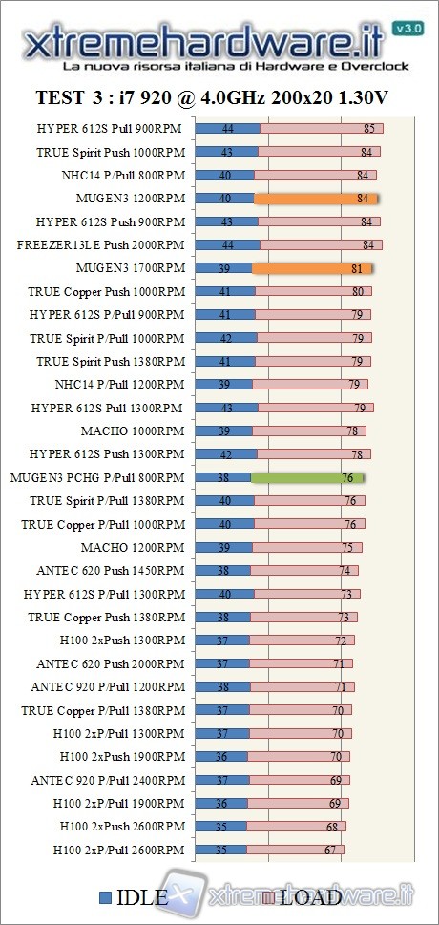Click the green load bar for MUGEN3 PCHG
click(307, 477)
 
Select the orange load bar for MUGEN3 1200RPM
click(316, 199)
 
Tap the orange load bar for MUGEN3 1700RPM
click(312, 268)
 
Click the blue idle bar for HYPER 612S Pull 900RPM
click(227, 128)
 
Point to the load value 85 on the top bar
click(369, 128)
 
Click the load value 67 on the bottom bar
click(331, 850)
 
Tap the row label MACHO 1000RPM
click(133, 431)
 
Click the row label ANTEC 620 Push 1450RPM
click(110, 571)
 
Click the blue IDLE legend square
click(106, 896)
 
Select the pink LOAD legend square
click(270, 897)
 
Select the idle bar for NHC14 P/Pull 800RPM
click(224, 175)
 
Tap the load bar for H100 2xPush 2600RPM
click(295, 827)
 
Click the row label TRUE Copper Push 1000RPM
click(106, 291)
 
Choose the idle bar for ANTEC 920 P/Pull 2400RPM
click(221, 780)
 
